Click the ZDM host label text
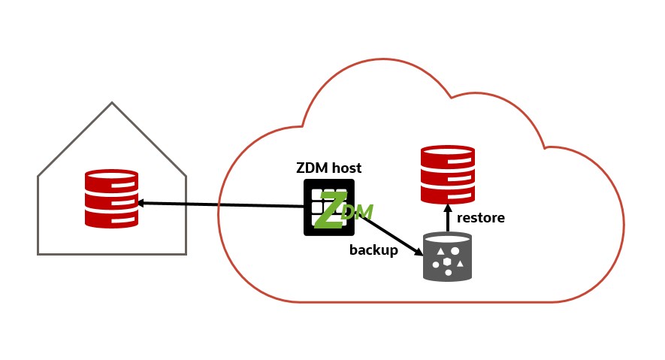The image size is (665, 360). click(329, 168)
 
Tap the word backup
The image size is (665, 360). click(373, 250)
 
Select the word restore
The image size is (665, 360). click(481, 218)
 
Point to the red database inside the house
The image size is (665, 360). click(111, 198)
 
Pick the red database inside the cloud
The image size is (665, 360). click(448, 174)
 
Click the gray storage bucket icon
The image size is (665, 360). click(447, 257)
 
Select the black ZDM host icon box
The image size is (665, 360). click(328, 207)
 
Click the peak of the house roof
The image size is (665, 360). click(112, 103)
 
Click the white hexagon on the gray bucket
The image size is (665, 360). click(448, 261)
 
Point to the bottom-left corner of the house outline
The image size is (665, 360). click(38, 254)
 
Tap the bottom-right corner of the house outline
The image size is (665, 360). click(186, 254)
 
